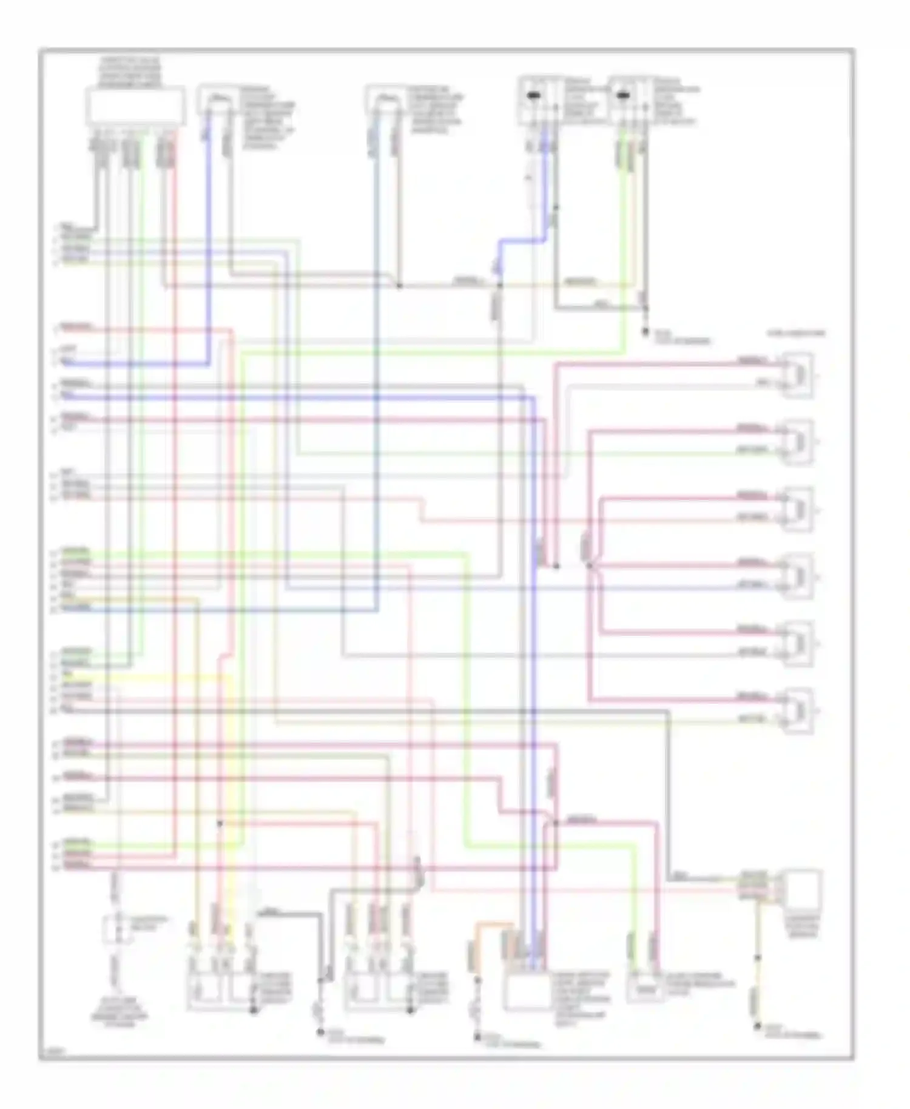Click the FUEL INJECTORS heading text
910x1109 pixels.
[x=796, y=333]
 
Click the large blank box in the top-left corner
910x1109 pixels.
[x=135, y=106]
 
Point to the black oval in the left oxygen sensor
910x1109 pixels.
[x=534, y=95]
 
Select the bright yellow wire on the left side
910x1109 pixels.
[x=152, y=678]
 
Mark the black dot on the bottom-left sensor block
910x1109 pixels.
[x=254, y=1010]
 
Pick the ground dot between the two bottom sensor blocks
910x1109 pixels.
[x=320, y=1032]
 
